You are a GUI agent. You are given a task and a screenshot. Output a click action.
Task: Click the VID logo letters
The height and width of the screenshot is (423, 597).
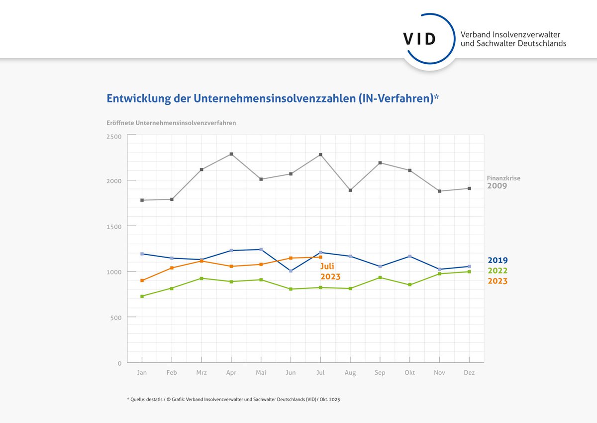click(420, 39)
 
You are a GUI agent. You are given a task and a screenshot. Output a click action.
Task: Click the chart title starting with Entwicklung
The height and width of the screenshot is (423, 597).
click(273, 98)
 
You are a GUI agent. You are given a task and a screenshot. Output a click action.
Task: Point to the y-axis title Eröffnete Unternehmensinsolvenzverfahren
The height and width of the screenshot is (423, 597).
click(171, 123)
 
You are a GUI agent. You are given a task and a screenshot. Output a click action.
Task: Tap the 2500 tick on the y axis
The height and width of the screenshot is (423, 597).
click(114, 136)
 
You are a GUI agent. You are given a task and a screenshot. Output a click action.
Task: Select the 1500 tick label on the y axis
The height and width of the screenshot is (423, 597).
click(114, 226)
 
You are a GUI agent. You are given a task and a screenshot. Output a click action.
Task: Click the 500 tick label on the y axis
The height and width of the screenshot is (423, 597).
click(115, 317)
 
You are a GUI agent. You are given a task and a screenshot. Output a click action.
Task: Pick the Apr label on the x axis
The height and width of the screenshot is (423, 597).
click(231, 373)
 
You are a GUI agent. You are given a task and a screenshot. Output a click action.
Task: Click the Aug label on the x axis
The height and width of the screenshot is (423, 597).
click(350, 373)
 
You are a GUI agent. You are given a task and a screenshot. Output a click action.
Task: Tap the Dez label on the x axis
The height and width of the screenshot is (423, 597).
click(469, 373)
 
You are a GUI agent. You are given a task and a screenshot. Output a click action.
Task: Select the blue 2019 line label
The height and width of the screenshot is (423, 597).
click(497, 260)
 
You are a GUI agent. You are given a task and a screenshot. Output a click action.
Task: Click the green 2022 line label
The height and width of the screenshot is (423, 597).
click(497, 271)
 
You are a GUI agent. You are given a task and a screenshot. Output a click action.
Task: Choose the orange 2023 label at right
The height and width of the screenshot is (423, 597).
click(497, 281)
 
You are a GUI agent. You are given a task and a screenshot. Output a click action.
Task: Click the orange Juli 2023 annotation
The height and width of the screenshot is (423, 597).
click(330, 272)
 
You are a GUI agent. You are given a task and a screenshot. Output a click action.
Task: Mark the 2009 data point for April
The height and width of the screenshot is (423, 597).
click(231, 154)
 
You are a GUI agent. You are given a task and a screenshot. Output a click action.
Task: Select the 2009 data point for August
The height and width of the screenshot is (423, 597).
click(350, 190)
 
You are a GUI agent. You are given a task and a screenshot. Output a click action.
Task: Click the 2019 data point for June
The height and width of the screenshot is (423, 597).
click(291, 271)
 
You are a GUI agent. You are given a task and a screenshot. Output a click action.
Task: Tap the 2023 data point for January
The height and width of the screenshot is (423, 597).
click(142, 281)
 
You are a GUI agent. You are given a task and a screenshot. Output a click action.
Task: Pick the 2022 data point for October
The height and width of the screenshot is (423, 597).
click(410, 284)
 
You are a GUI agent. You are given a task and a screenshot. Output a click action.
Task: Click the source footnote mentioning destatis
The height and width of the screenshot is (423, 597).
click(233, 400)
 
